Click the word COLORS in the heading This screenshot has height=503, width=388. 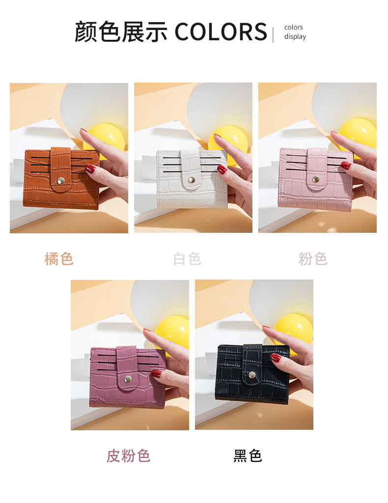point(221,31)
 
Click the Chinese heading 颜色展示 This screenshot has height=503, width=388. point(121,31)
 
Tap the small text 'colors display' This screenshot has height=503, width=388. point(295,32)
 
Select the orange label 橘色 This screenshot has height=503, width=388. point(59,259)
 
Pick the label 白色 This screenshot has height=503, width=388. point(187,259)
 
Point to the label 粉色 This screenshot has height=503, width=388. point(313,259)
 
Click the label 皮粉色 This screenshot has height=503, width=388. point(128,456)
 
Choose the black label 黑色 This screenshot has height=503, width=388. point(248,456)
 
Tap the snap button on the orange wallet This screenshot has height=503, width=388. point(61,181)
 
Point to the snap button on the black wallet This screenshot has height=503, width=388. point(252,375)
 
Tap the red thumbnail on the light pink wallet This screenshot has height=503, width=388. point(346,166)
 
